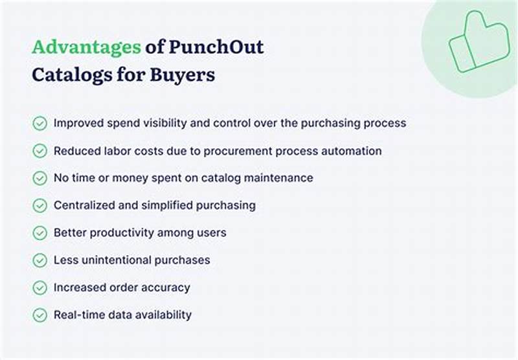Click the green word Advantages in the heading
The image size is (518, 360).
86,47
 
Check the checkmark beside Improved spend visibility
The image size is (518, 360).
40,123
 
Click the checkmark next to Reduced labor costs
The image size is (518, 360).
40,151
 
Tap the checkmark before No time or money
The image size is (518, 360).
40,178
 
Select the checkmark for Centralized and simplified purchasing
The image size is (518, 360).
40,205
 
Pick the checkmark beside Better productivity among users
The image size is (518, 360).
40,233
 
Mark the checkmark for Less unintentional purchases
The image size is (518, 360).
40,260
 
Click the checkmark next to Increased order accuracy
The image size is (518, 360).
40,287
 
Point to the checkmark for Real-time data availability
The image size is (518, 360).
40,315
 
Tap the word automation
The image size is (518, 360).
352,151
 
